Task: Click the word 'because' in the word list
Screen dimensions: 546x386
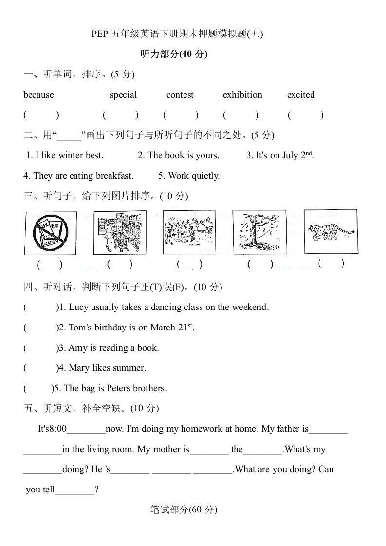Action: [x=38, y=95]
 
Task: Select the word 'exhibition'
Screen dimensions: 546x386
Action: [x=242, y=95]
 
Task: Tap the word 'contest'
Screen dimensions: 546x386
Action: [x=180, y=95]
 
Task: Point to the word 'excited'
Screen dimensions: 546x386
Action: [x=301, y=95]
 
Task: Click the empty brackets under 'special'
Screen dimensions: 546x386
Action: [x=121, y=115]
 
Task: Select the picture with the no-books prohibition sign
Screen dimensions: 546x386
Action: [x=51, y=233]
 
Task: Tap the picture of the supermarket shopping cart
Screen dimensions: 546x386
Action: [x=120, y=232]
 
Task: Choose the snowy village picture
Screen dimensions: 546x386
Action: [x=189, y=232]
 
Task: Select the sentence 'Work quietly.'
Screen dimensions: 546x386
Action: [x=189, y=176]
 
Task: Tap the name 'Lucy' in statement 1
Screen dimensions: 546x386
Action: [x=78, y=307]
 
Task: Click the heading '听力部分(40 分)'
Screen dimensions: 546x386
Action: [x=174, y=55]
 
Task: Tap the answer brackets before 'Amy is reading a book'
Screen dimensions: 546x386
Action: [x=40, y=348]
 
